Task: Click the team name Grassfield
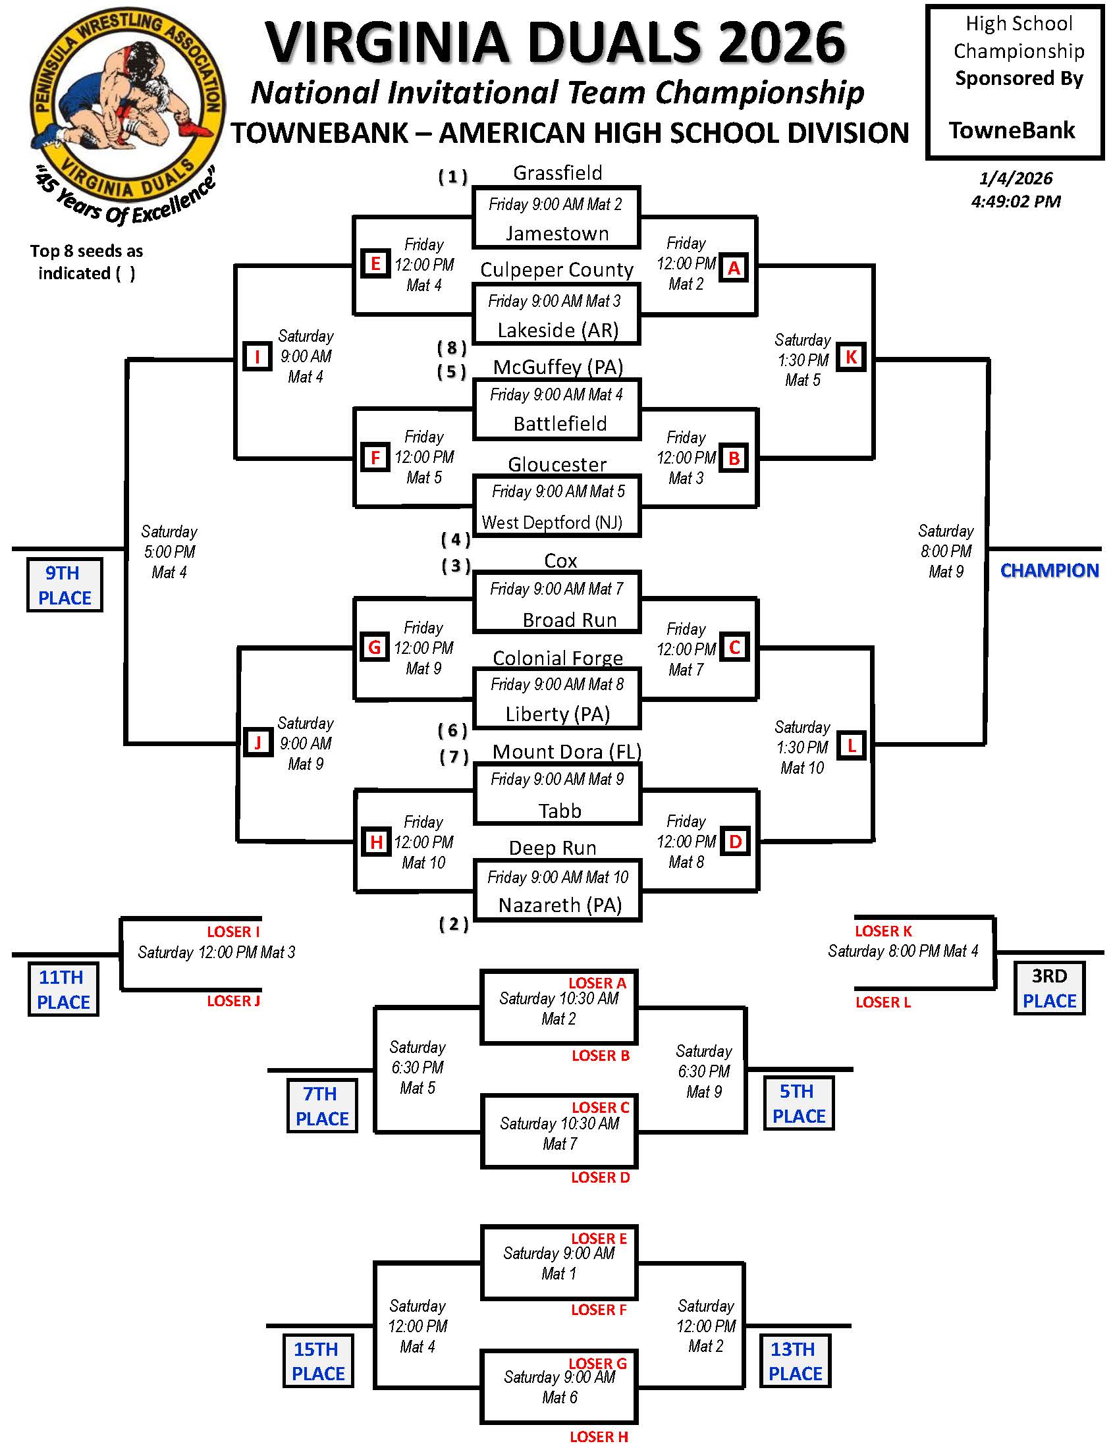(x=557, y=173)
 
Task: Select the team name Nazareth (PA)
(x=560, y=905)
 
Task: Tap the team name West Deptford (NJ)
(x=552, y=523)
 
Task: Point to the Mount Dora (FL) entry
(x=566, y=752)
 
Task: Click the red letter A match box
(x=734, y=267)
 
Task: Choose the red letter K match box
(x=851, y=357)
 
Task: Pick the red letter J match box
(x=258, y=743)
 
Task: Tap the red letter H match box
(x=375, y=843)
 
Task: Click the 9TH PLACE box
(x=65, y=585)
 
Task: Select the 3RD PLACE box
(x=1049, y=988)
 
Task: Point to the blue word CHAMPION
(x=1049, y=570)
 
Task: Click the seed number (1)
(x=453, y=177)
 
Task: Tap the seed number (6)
(x=453, y=731)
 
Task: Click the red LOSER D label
(x=600, y=1178)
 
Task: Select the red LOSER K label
(x=883, y=931)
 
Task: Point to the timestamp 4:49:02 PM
(x=1016, y=202)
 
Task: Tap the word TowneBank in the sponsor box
(x=1012, y=130)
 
